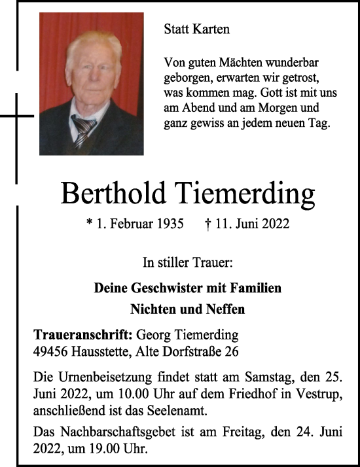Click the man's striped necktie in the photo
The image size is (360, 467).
tap(83, 130)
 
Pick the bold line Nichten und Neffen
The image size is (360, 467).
tap(187, 309)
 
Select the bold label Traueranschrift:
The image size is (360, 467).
tap(83, 334)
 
